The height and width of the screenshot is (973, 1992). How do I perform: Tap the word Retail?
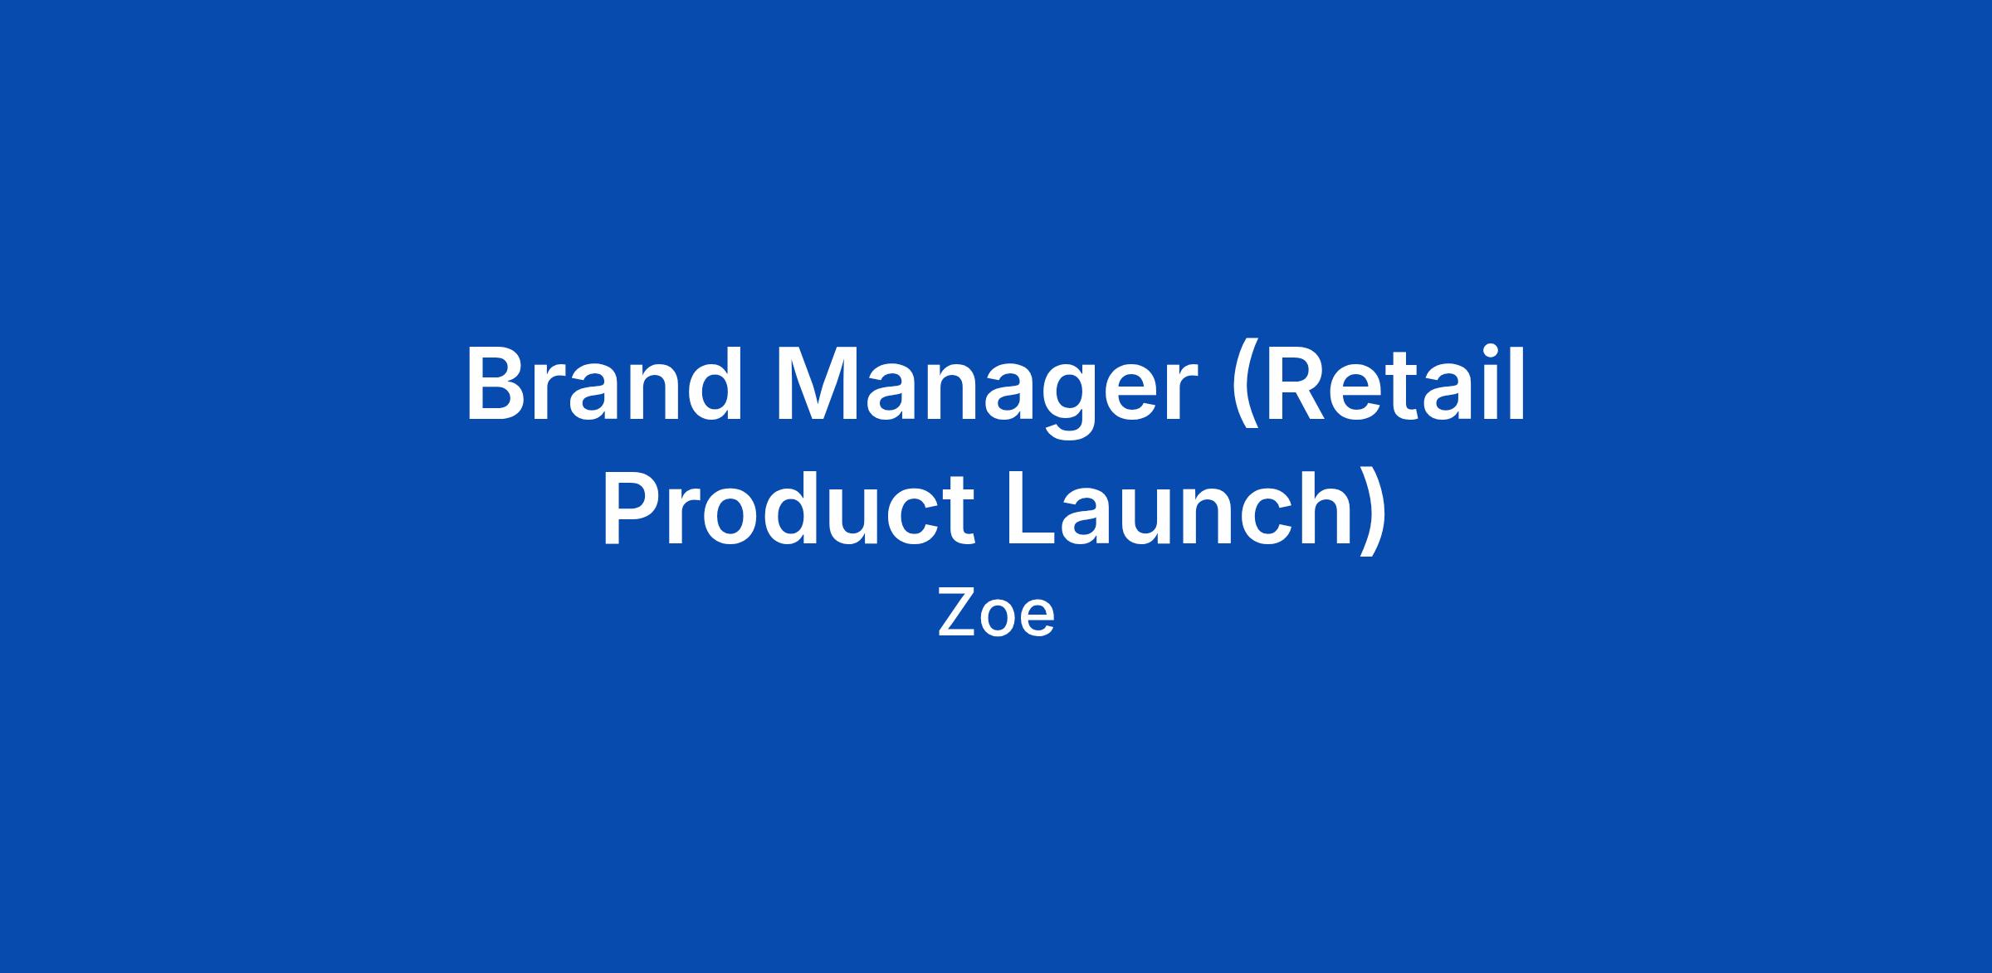click(x=1394, y=383)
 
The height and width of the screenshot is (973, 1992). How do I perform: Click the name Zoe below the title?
click(x=996, y=614)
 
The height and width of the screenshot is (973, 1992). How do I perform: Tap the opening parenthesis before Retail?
click(x=1246, y=390)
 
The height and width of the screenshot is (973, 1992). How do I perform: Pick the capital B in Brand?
click(x=497, y=384)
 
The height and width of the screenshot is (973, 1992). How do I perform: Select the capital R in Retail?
click(x=1298, y=384)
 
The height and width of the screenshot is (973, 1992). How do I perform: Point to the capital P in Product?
click(x=634, y=508)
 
